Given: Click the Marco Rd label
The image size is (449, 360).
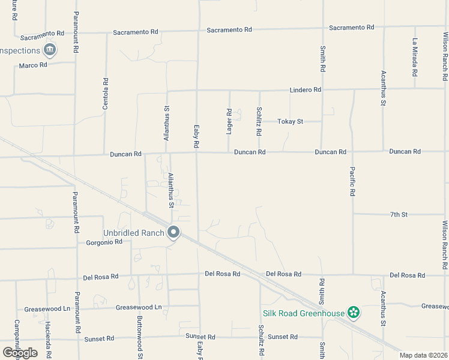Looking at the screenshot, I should click(x=32, y=65).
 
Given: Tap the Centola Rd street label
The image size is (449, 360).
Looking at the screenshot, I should click(x=106, y=94).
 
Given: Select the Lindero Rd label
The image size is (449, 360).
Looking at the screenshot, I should click(x=306, y=89).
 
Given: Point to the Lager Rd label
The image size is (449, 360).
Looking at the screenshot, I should click(x=229, y=121).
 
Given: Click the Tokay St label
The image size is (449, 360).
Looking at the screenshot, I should click(x=290, y=121).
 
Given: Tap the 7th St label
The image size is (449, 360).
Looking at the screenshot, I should click(x=399, y=214).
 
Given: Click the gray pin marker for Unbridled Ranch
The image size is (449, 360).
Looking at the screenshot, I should click(x=174, y=232).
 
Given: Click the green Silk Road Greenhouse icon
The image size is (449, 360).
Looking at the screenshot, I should click(x=354, y=313).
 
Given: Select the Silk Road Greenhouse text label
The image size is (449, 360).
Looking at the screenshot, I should click(x=303, y=313).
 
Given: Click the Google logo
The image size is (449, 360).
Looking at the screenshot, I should click(x=20, y=352).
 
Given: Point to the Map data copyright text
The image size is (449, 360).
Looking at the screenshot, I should click(x=424, y=355).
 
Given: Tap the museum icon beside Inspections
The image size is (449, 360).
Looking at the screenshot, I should click(x=50, y=50).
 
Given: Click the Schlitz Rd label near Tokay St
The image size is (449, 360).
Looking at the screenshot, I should click(x=259, y=121).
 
